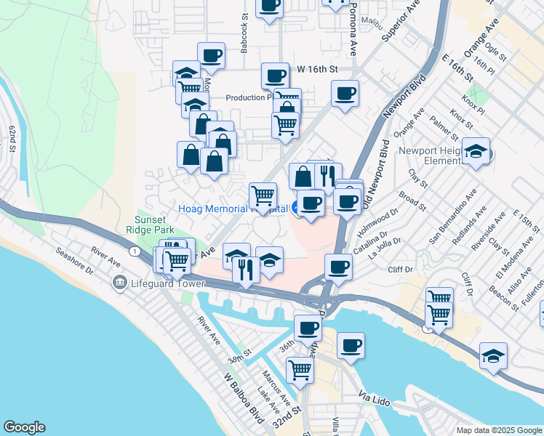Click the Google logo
[x=24, y=427]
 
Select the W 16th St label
[x=318, y=69]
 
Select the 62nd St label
[x=12, y=138]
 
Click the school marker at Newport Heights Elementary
[x=476, y=151]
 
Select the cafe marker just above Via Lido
[x=351, y=346]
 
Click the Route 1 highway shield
[x=135, y=251]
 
